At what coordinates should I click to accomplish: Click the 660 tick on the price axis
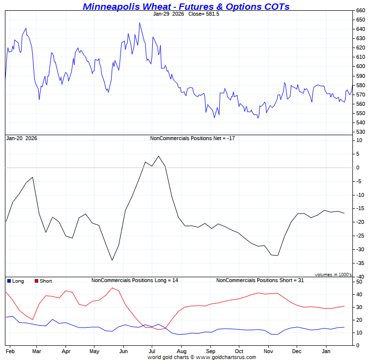(360, 10)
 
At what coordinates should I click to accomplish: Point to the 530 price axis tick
(360, 132)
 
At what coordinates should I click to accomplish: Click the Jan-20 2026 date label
(22, 138)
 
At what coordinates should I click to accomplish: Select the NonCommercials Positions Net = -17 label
(192, 138)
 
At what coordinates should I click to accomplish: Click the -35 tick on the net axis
(359, 264)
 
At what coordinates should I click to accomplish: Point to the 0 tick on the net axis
(358, 168)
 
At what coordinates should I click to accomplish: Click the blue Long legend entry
(16, 281)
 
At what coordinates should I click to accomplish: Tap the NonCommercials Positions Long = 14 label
(135, 280)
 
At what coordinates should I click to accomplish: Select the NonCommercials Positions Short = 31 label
(260, 280)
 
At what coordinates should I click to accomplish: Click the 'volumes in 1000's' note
(333, 275)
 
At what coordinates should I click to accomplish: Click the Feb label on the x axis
(9, 352)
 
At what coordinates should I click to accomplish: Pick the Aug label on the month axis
(182, 352)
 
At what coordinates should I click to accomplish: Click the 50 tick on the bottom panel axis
(359, 282)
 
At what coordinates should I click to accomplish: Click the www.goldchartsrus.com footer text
(227, 357)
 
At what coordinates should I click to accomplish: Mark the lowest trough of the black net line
(112, 260)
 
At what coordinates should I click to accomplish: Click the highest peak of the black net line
(159, 156)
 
